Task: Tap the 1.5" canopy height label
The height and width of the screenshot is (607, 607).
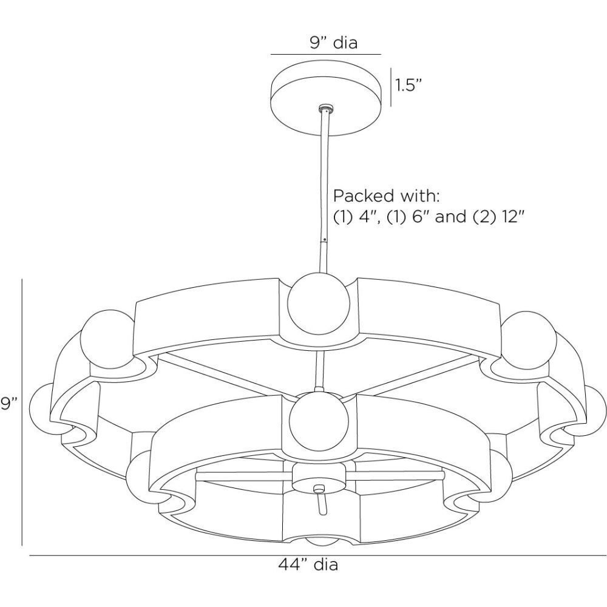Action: click(409, 85)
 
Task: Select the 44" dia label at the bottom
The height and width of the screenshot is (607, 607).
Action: click(308, 565)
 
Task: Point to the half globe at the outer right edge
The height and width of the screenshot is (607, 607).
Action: click(595, 413)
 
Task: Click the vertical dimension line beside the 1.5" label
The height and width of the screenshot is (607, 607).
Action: click(390, 86)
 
